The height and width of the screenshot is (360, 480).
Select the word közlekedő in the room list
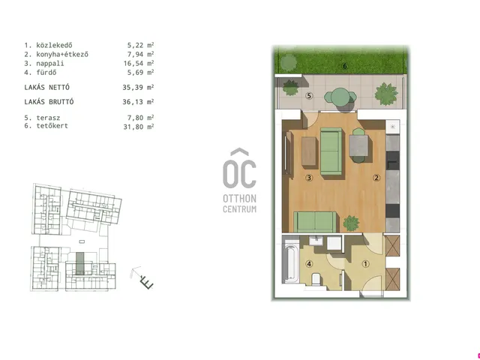(54, 45)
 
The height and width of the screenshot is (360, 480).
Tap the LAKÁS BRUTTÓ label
(49, 102)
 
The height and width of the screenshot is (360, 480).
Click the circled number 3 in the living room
(309, 178)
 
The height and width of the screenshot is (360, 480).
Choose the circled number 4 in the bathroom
(310, 264)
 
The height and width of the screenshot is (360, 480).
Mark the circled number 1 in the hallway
(365, 264)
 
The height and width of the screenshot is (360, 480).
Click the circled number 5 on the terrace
(309, 96)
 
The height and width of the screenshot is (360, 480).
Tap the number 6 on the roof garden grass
(345, 66)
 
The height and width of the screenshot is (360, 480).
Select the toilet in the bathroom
(315, 280)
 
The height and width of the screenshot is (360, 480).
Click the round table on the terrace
(340, 97)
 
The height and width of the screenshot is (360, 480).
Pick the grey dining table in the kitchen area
(358, 145)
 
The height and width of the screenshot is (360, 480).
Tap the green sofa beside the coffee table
(331, 151)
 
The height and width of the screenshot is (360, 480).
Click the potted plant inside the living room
(351, 223)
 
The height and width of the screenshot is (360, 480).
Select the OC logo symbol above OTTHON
(239, 168)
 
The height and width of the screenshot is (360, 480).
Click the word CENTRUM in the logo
(240, 209)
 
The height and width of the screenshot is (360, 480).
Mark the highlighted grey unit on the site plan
(80, 263)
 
